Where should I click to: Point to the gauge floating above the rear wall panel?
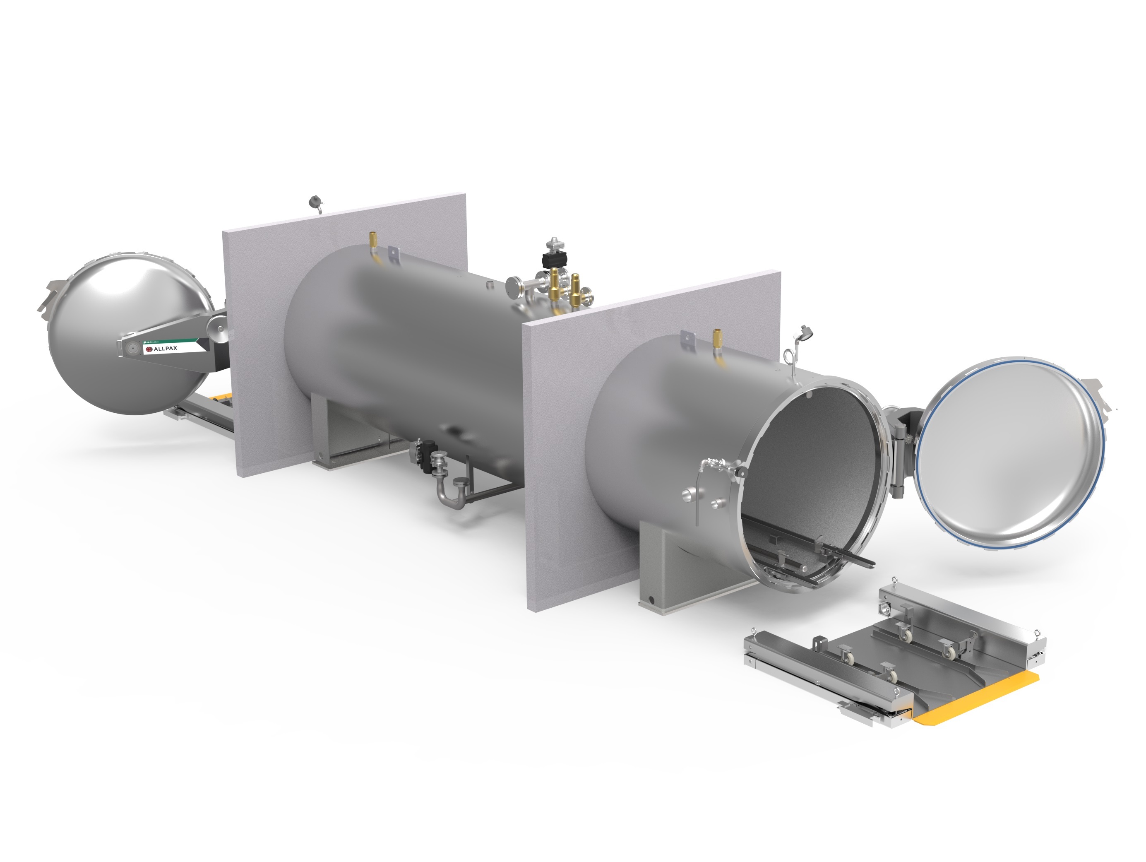coord(315,202)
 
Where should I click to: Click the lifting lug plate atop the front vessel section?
coord(687,338)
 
